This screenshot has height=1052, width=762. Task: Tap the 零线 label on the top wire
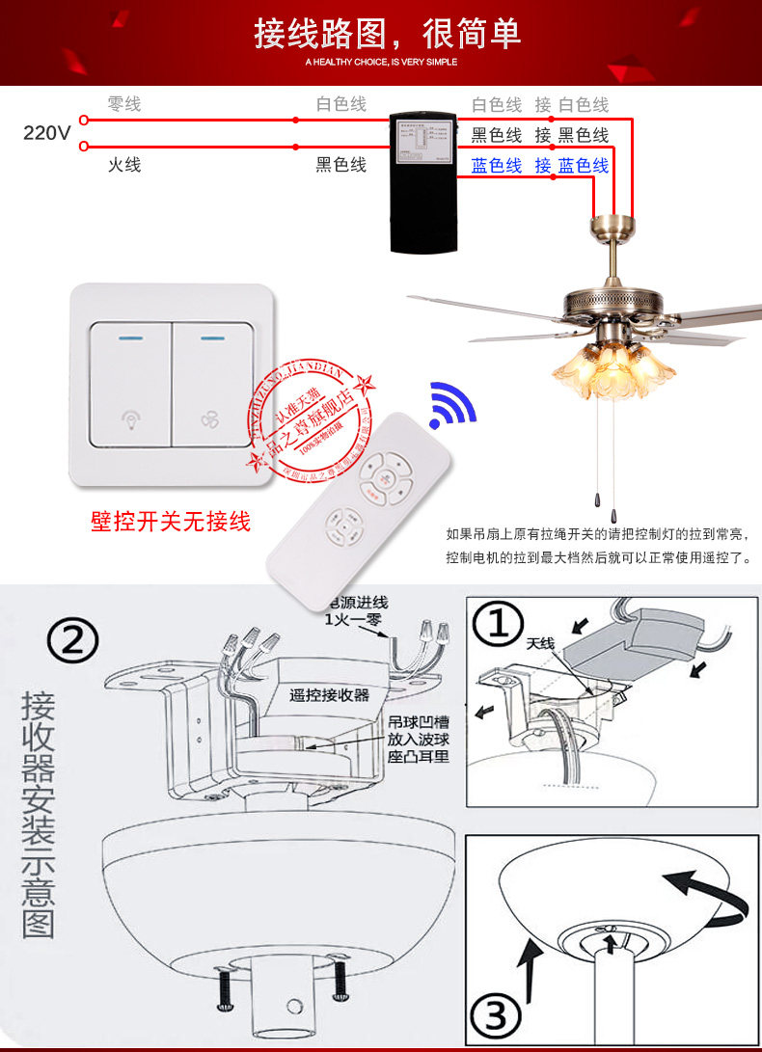click(x=123, y=104)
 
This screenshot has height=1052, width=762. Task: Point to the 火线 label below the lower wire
click(x=123, y=165)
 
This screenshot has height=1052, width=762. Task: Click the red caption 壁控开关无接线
click(x=171, y=522)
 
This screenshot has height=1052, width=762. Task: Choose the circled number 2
click(x=74, y=639)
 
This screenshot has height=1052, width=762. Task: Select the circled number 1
click(x=499, y=624)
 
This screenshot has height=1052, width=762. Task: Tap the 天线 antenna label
click(x=542, y=642)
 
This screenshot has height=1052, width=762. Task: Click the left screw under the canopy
click(x=226, y=985)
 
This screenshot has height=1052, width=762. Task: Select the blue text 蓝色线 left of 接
click(x=497, y=166)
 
